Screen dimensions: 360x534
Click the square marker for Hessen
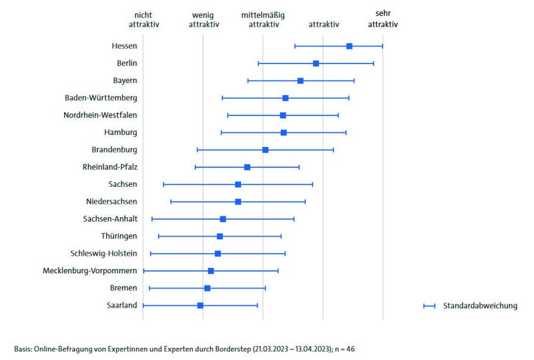pyautogui.click(x=349, y=46)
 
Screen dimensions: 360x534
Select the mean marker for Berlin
pyautogui.click(x=316, y=63)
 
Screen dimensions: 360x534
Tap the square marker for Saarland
pyautogui.click(x=200, y=305)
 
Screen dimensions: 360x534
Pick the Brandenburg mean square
pyautogui.click(x=265, y=150)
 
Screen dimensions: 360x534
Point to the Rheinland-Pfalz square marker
pyautogui.click(x=247, y=167)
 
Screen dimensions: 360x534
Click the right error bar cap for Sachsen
pyautogui.click(x=312, y=184)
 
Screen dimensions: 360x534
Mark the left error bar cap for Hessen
pyautogui.click(x=294, y=46)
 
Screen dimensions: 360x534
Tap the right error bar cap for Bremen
pyautogui.click(x=265, y=288)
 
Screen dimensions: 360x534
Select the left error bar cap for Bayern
pyautogui.click(x=248, y=81)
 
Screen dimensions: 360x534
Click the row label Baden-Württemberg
pyautogui.click(x=101, y=98)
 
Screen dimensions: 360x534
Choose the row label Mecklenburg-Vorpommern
pyautogui.click(x=89, y=271)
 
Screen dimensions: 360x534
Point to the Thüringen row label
pyautogui.click(x=119, y=236)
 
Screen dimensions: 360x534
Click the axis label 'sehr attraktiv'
pyautogui.click(x=383, y=19)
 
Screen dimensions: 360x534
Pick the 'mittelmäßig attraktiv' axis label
pyautogui.click(x=263, y=19)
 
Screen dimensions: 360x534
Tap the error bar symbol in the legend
pyautogui.click(x=429, y=306)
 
